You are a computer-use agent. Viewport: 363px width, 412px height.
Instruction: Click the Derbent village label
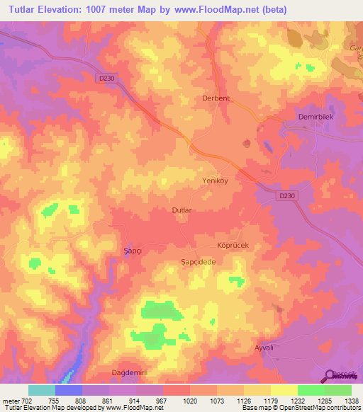click(x=216, y=98)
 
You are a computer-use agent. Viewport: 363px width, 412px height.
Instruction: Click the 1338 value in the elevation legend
click(x=352, y=401)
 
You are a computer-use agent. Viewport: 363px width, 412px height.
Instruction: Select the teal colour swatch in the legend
click(x=41, y=390)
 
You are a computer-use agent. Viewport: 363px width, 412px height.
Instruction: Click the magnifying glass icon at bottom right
click(x=330, y=376)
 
